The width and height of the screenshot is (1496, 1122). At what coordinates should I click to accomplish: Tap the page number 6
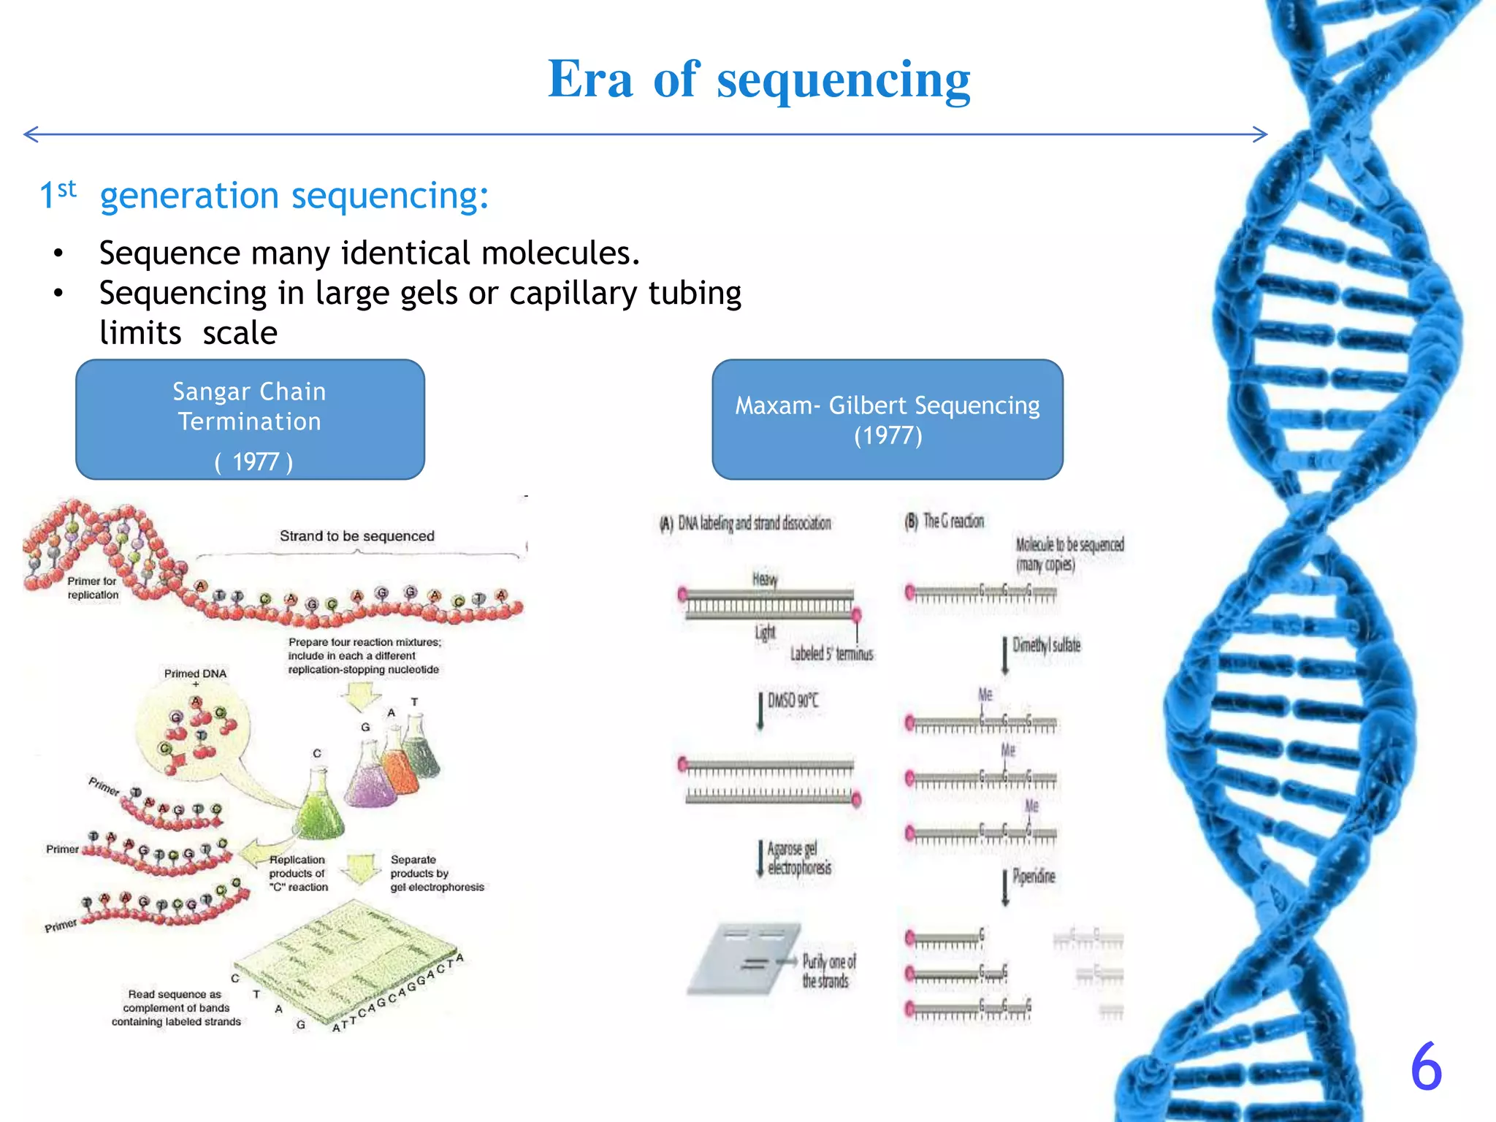(1425, 1067)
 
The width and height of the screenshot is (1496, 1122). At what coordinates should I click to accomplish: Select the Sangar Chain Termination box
(250, 419)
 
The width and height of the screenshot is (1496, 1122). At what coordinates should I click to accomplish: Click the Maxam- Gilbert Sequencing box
(887, 419)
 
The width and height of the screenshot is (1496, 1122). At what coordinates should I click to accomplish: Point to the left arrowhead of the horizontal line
(29, 134)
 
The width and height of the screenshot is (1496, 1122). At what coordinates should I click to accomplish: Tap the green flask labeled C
(318, 807)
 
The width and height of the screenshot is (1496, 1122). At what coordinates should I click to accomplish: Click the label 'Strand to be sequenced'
(356, 536)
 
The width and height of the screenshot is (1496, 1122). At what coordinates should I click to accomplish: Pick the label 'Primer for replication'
(92, 588)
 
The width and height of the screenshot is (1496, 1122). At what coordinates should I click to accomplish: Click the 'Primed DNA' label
(195, 673)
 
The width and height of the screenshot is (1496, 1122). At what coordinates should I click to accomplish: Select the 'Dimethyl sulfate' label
(1045, 645)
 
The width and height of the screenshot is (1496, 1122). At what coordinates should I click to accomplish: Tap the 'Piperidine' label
(1033, 877)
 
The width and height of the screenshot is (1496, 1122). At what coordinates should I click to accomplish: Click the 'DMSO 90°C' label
(793, 701)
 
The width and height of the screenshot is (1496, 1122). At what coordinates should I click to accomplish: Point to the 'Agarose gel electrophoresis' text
(798, 858)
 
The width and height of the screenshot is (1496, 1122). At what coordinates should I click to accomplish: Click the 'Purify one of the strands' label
(828, 971)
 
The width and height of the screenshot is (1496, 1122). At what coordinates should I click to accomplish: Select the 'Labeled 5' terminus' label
(831, 654)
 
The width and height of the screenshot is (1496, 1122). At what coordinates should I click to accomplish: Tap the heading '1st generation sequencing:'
(264, 196)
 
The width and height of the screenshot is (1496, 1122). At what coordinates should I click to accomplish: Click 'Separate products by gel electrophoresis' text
(436, 874)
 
